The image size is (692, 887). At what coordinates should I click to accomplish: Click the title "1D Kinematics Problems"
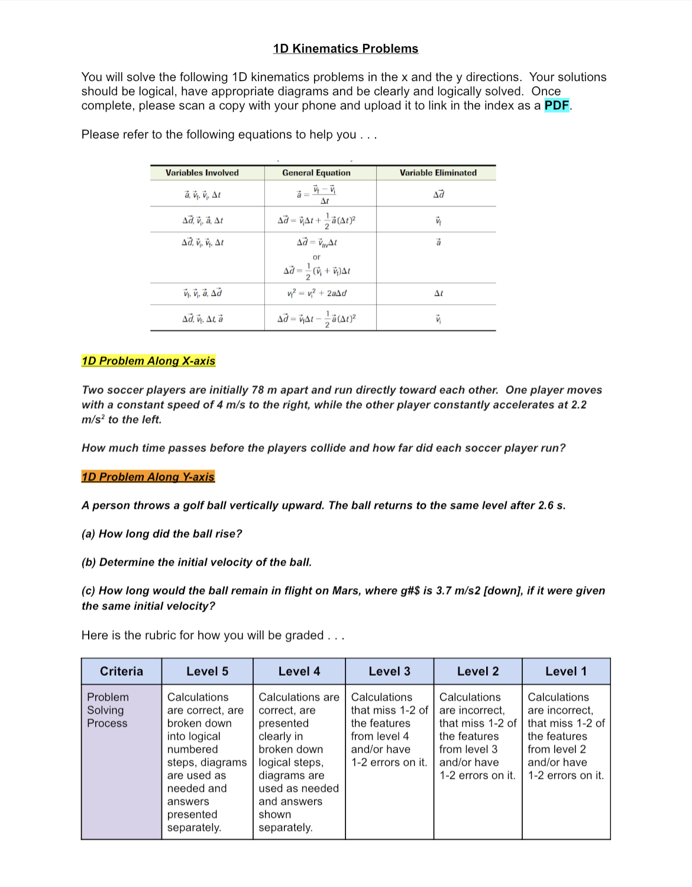345,49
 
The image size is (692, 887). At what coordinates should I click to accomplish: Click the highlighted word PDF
556,105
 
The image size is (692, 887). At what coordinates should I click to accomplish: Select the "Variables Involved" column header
202,173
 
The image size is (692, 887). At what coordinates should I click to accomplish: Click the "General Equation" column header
316,173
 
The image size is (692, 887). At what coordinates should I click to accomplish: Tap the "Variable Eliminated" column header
438,173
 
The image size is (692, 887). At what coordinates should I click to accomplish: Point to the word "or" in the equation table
316,257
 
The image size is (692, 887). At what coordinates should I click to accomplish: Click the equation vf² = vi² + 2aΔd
316,293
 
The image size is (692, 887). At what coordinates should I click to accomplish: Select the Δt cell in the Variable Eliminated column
438,293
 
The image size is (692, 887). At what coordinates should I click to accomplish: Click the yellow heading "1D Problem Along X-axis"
148,361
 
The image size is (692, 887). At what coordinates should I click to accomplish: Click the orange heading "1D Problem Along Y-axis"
148,477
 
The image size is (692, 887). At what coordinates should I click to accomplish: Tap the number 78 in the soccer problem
257,390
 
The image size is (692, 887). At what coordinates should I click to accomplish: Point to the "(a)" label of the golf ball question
88,534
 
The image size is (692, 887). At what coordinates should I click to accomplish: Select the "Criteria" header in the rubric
121,671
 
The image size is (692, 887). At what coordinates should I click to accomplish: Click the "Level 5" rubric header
207,671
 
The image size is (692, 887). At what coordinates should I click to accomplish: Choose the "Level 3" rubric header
389,671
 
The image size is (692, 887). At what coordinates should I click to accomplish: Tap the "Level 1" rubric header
566,671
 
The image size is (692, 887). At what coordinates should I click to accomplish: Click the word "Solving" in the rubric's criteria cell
105,710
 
